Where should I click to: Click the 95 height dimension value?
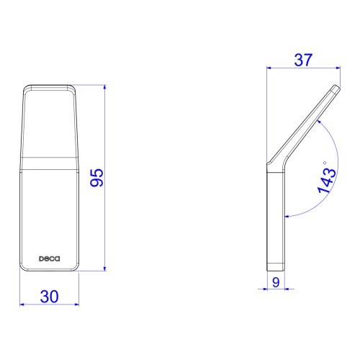tap(96, 178)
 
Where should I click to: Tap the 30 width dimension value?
tap(50, 297)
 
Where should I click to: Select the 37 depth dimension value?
tap(303, 60)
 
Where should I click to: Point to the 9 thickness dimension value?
tap(276, 282)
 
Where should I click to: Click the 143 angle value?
tap(327, 181)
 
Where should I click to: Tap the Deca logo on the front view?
tap(50, 258)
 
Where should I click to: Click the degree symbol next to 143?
tap(325, 163)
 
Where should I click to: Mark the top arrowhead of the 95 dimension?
tap(104, 87)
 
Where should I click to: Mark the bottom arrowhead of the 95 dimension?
tap(104, 269)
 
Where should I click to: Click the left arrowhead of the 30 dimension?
tap(22, 305)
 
